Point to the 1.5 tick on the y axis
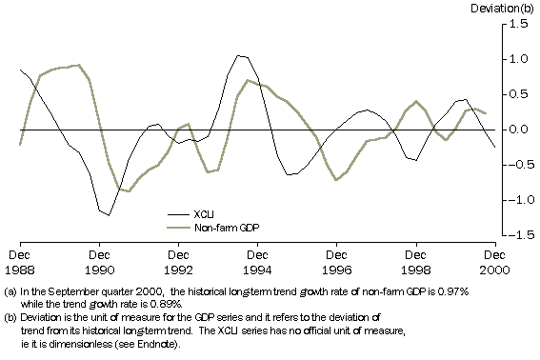519,25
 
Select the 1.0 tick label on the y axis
519,59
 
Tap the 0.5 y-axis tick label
519,94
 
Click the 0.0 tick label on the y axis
519,130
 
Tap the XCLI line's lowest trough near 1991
108,215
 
